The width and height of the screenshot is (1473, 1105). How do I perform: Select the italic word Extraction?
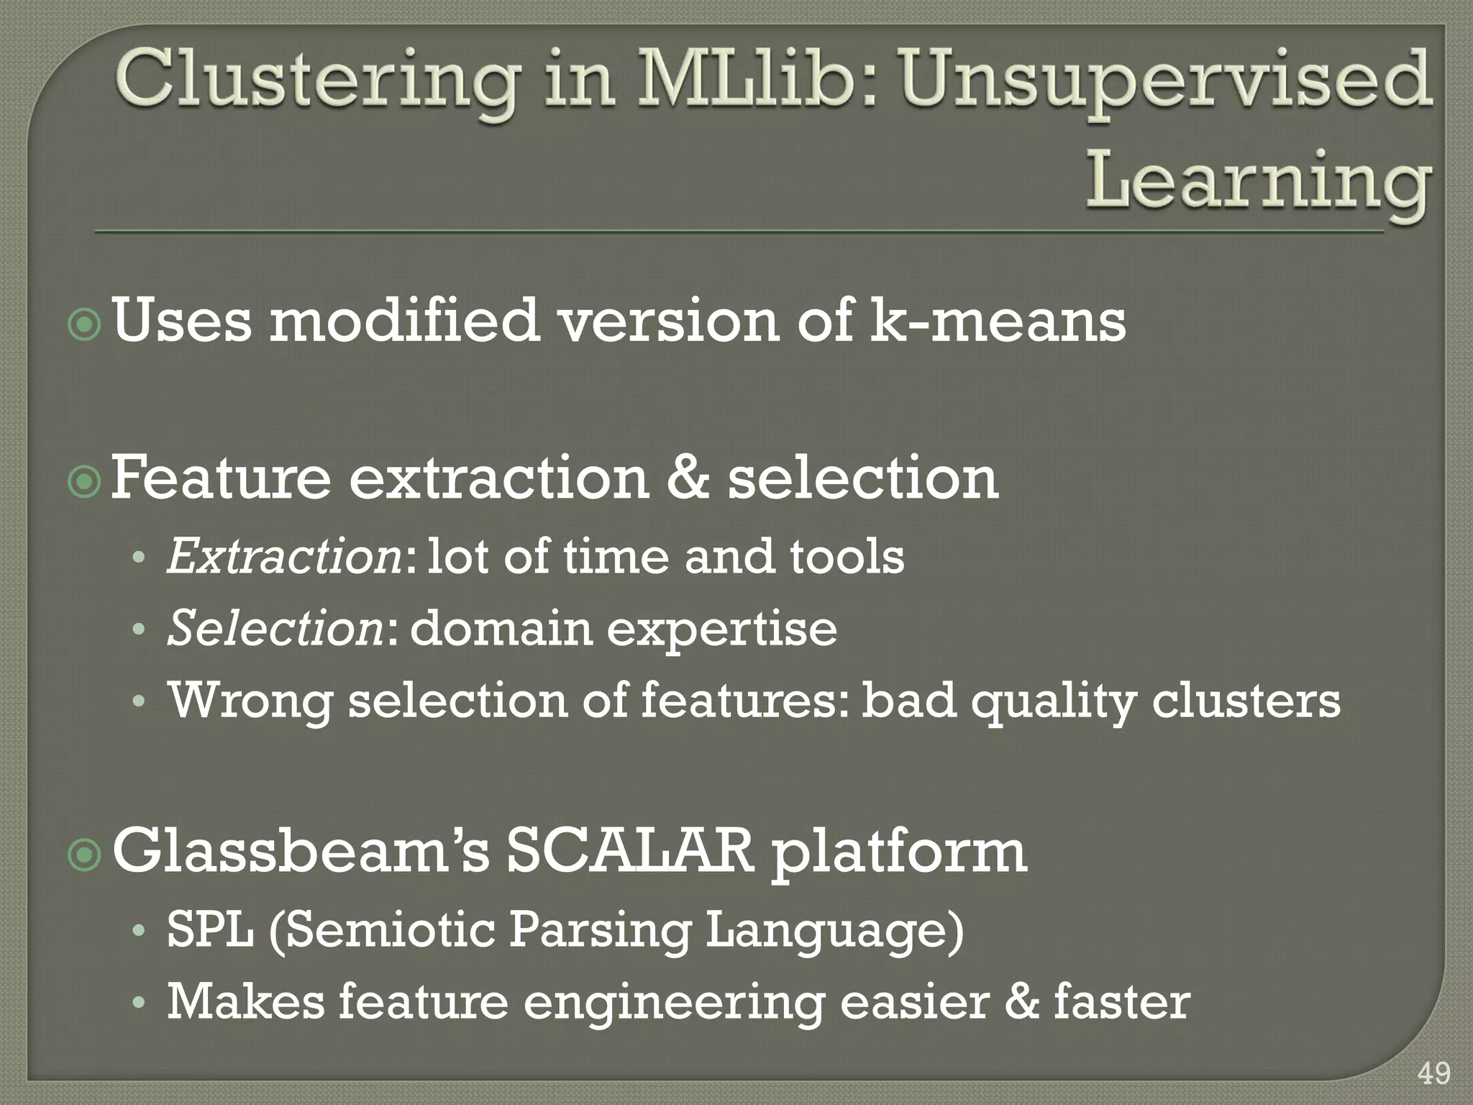(285, 558)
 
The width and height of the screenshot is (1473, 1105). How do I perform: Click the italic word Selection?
(275, 628)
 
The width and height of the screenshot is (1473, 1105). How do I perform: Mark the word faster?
(1122, 1002)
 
